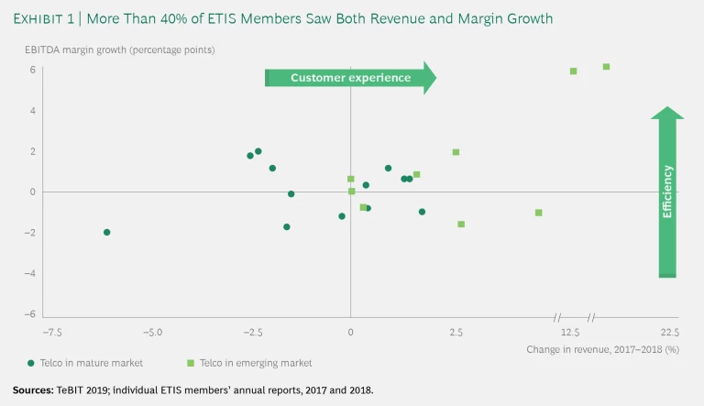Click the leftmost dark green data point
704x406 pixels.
pos(106,232)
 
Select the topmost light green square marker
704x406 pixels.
pos(606,66)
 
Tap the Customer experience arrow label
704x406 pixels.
pos(350,78)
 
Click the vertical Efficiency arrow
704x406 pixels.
pos(667,192)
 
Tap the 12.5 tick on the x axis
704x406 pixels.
pos(571,332)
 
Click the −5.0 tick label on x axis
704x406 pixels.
pos(153,332)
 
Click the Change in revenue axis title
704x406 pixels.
pos(602,349)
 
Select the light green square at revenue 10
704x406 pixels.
pos(538,213)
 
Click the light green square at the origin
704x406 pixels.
pos(351,192)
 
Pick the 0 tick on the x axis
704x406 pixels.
pos(350,332)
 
